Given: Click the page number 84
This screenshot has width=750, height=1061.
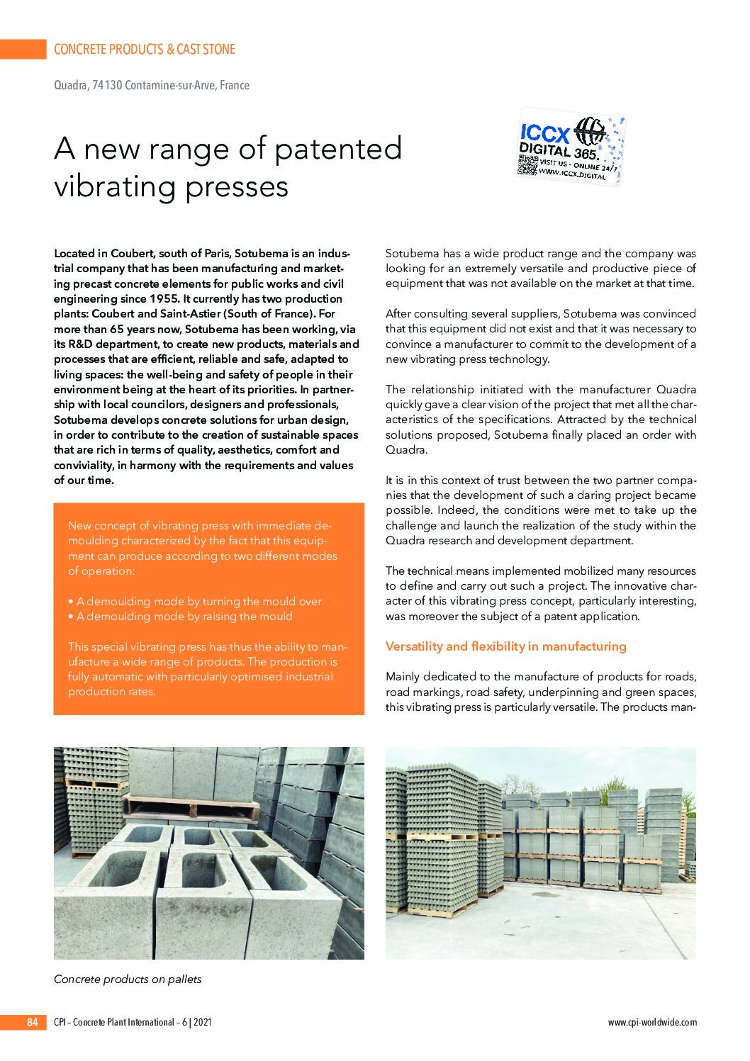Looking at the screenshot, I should click(32, 1022).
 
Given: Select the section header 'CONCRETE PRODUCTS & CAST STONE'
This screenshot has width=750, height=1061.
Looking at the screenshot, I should click(145, 50).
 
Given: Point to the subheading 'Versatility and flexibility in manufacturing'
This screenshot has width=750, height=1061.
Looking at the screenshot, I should click(505, 646).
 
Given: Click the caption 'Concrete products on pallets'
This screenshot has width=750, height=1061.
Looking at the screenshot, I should click(128, 979).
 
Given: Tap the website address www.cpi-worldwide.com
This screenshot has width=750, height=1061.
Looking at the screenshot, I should click(652, 1022).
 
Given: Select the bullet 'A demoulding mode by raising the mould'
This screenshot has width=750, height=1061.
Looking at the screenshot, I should click(184, 616).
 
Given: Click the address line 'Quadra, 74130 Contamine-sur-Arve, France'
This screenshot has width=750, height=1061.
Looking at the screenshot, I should click(152, 85).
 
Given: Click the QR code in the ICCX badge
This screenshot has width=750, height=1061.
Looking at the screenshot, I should click(528, 164).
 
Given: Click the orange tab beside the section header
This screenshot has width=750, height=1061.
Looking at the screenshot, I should click(23, 50).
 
